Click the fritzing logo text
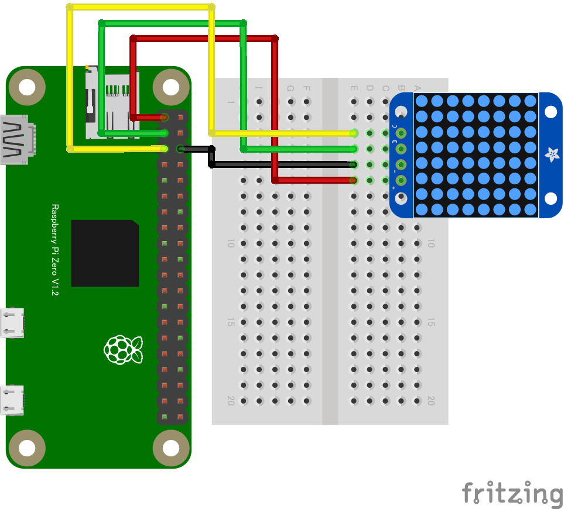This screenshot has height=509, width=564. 512,493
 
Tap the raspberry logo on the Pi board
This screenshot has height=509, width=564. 123,349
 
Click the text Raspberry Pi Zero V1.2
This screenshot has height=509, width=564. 55,250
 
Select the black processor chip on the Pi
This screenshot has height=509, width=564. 105,253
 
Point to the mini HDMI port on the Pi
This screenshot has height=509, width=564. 16,140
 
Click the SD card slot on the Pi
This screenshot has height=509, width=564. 111,103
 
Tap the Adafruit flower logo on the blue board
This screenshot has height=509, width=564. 551,154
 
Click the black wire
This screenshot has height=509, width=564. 281,165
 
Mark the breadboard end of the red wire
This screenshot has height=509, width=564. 354,180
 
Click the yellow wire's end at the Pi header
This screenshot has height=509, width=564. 165,149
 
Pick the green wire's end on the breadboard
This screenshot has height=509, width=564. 354,149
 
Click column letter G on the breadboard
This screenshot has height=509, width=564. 290,89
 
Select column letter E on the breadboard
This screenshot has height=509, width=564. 354,89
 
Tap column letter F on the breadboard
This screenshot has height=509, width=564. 306,89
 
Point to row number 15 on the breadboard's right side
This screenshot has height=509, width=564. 431,322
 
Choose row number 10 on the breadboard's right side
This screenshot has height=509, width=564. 431,243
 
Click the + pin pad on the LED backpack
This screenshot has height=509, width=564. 401,180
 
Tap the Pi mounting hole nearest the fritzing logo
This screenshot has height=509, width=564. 170,449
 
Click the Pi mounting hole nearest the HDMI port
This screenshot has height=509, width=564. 28,87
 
